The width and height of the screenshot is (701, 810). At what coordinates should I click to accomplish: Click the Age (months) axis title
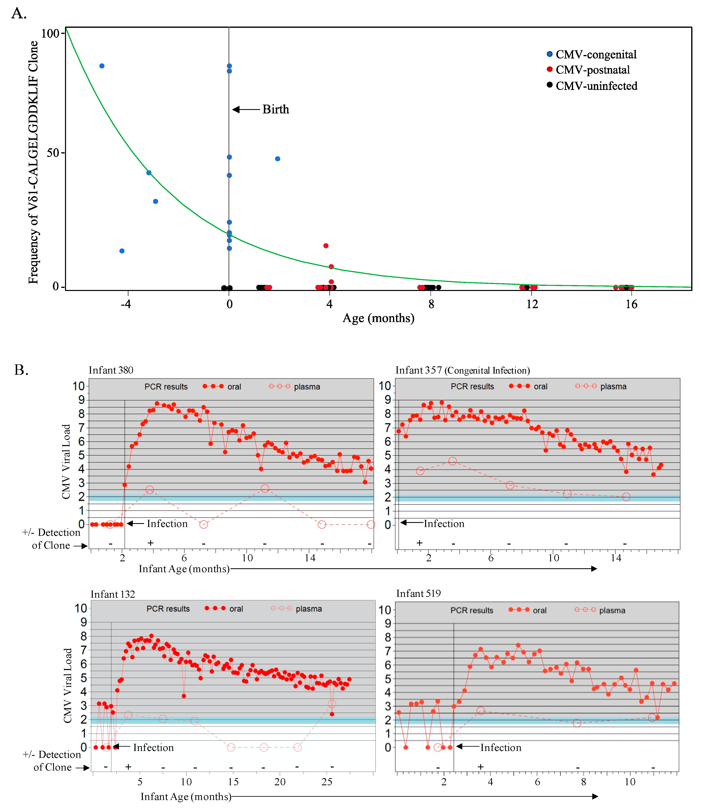378,318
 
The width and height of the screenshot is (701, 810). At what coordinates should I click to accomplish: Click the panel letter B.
21,370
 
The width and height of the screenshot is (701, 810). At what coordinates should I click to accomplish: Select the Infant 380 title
111,370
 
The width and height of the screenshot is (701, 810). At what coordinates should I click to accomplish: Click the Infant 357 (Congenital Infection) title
462,370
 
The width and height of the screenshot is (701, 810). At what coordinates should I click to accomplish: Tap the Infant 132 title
113,594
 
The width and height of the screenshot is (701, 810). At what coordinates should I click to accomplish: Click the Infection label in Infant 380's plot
167,524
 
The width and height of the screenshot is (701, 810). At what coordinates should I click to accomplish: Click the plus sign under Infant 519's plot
480,767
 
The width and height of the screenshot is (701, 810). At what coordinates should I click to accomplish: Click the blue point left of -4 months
102,66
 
